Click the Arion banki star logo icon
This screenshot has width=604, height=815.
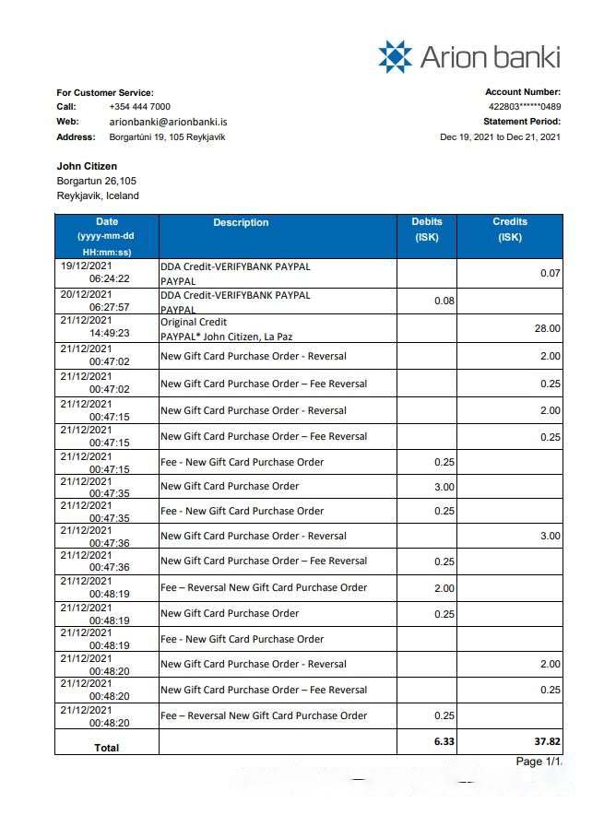[395, 56]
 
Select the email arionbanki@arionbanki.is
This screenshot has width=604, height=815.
[169, 122]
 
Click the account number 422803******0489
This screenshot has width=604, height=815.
[524, 107]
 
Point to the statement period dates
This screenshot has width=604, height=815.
[500, 137]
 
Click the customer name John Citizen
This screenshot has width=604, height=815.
[87, 166]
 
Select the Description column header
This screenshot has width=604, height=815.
[241, 223]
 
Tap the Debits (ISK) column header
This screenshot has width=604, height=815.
[427, 229]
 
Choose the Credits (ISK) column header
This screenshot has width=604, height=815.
[510, 229]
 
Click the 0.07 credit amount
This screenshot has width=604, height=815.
[551, 274]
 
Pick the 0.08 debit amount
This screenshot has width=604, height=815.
[444, 301]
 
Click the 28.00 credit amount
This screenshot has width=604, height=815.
[548, 328]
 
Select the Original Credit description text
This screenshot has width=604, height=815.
[195, 323]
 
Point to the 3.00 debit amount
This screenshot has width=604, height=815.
[444, 487]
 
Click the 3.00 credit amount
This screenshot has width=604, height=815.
[551, 537]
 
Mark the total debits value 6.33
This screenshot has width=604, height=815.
[444, 741]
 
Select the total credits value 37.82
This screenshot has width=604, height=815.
[548, 741]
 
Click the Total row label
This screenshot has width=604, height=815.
[107, 748]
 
